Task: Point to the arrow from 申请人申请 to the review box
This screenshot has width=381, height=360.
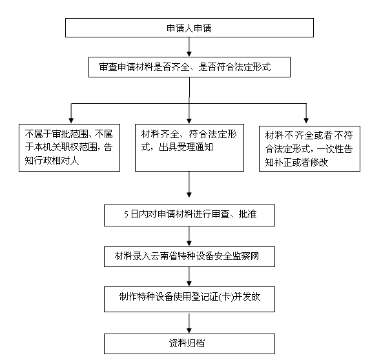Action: click(189, 47)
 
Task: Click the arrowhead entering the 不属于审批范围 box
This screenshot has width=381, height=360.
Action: click(71, 121)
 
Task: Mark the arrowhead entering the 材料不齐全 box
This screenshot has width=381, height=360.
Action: click(306, 121)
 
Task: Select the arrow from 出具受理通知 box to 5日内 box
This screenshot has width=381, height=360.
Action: click(189, 185)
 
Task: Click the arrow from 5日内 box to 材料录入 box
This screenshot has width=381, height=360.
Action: click(189, 236)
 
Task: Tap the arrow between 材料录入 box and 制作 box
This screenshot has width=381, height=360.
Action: click(189, 277)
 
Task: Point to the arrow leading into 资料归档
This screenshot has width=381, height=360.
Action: click(189, 323)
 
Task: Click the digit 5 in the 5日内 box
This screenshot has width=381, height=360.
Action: click(126, 214)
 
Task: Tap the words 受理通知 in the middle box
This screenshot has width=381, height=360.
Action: click(196, 147)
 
